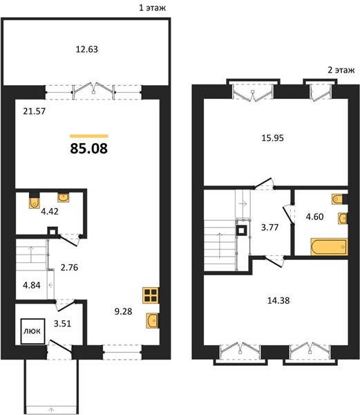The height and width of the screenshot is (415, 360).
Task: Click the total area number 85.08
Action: tap(89, 149)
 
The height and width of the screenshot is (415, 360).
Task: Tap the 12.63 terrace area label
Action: tap(86, 49)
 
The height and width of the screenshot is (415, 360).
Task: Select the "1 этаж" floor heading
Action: tap(153, 8)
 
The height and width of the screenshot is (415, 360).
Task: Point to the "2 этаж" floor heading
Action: tap(341, 70)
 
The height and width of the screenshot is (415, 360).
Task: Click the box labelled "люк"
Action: tap(32, 331)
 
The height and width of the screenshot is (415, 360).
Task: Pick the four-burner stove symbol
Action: tap(151, 295)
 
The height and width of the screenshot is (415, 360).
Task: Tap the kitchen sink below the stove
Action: tap(153, 321)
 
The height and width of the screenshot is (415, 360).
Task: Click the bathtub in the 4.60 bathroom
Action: tap(330, 247)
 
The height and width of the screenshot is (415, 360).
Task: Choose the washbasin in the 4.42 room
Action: tap(64, 197)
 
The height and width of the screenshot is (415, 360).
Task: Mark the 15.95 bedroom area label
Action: tap(272, 138)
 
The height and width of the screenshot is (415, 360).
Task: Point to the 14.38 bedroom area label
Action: tap(278, 300)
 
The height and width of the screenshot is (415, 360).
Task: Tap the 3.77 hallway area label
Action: tap(269, 228)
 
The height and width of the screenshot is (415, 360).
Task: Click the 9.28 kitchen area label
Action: tap(123, 311)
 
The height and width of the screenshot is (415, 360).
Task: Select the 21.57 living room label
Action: tap(35, 111)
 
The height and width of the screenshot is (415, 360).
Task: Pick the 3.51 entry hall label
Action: tap(62, 324)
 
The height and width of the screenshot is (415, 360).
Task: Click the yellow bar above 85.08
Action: tap(89, 136)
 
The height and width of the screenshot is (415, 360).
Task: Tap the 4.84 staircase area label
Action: tap(32, 285)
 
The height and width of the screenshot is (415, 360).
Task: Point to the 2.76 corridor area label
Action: tap(69, 267)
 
